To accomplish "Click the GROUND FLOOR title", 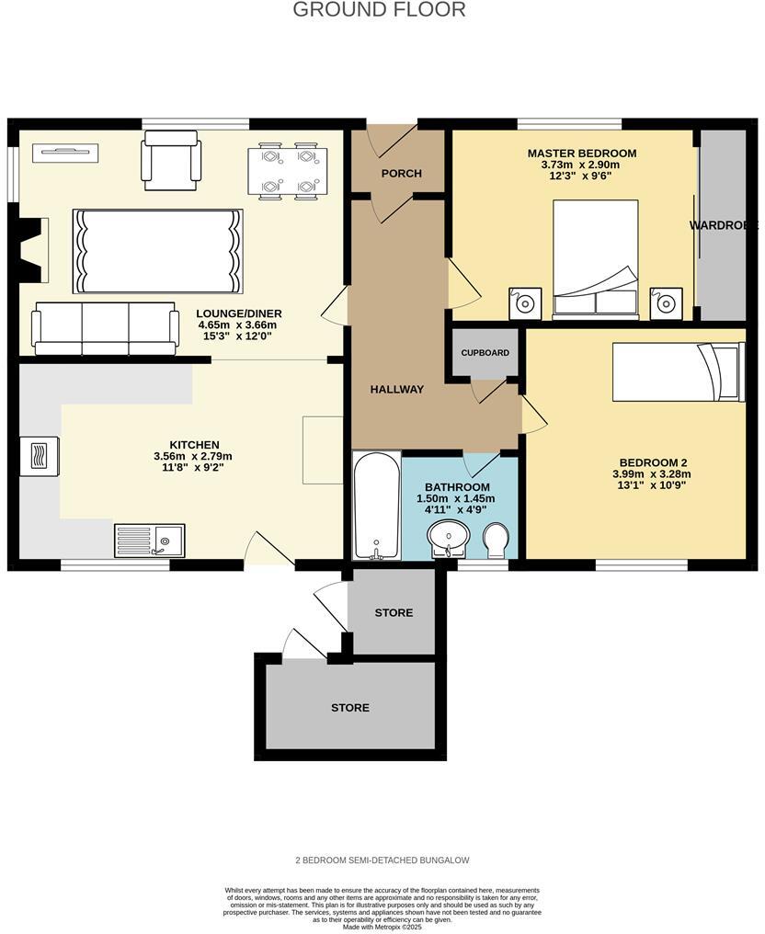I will coord(379,10).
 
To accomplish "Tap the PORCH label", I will coord(402,174).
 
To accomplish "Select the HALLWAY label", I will coord(397,390).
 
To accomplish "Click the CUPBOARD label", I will coord(485,353).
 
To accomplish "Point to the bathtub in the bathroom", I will coord(377,505).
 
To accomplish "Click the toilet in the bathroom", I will coord(495,540).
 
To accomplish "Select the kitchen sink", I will coord(149,540).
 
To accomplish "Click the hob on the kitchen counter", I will coord(40,455).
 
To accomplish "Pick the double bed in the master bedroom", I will coord(595,259).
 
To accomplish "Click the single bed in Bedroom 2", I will coord(679,372).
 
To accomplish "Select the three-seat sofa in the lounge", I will coord(106,328).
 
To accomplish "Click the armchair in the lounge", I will coord(171,158).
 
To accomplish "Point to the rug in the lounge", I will coord(157,251).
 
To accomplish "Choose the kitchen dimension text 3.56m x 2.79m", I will coord(193,456).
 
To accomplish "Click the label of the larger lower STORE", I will coord(350,708).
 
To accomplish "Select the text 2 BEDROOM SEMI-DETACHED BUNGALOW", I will coord(382,860).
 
